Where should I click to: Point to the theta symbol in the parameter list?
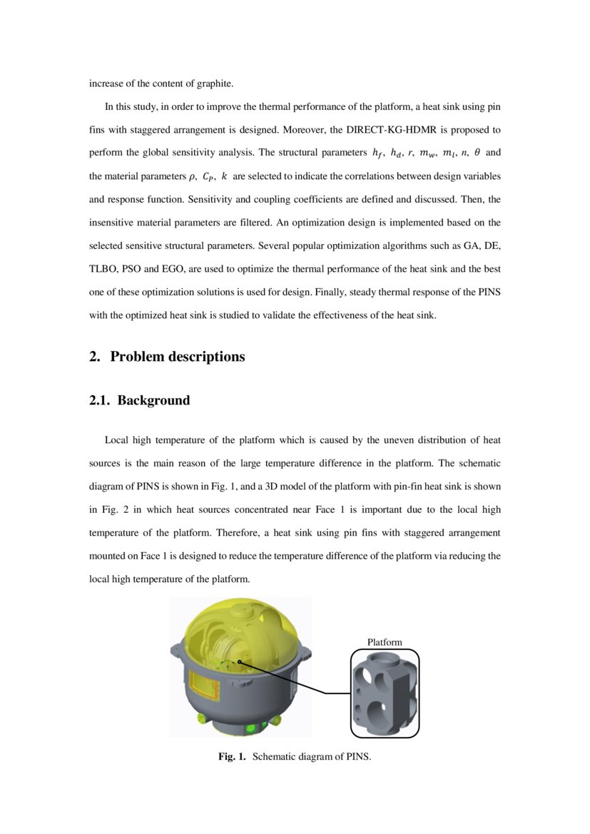point(477,153)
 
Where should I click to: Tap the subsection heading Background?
point(153,400)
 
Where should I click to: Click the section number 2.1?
point(99,400)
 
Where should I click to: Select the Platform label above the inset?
point(385,642)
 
